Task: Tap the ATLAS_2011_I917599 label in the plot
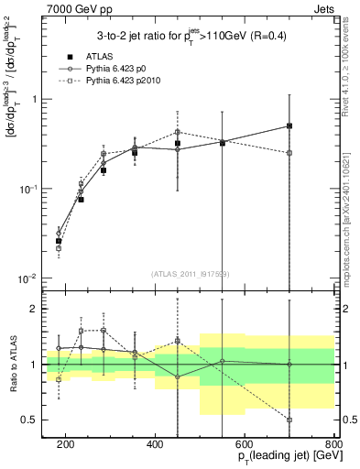point(190,274)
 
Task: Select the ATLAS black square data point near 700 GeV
point(289,125)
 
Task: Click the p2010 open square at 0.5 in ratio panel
point(289,420)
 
